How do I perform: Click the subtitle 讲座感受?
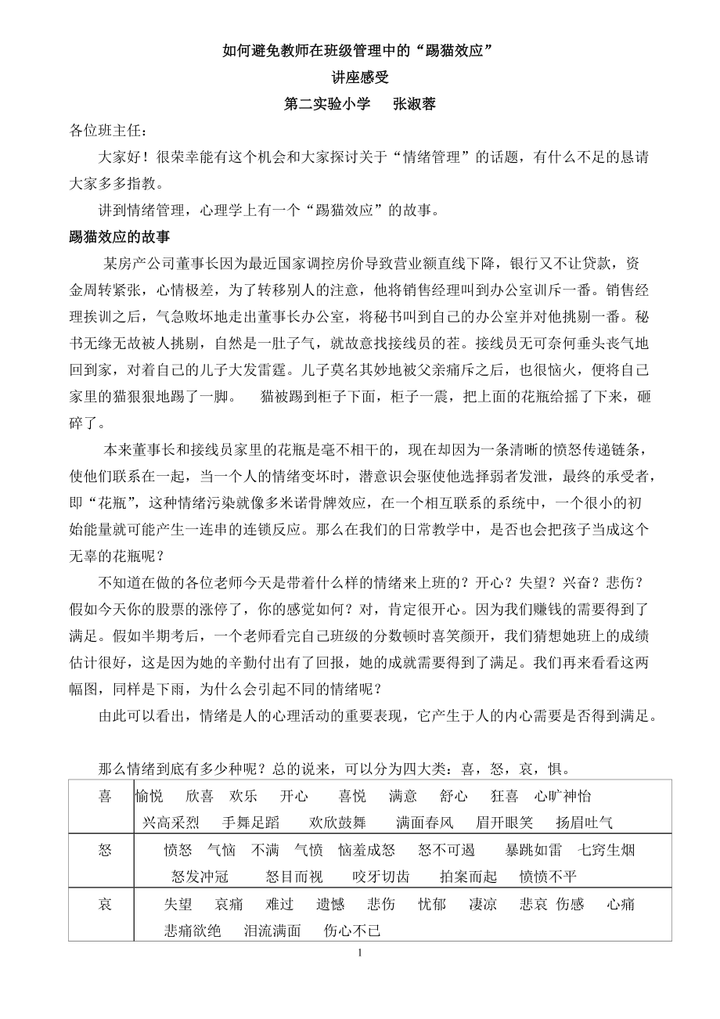(x=360, y=77)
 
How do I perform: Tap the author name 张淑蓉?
(x=412, y=104)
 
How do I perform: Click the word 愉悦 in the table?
(x=149, y=796)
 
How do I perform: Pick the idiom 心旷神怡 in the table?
(x=563, y=796)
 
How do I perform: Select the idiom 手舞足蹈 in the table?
(x=250, y=822)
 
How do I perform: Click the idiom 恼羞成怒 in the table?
(x=367, y=850)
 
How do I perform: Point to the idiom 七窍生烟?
(x=607, y=850)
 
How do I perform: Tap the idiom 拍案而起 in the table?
(x=469, y=877)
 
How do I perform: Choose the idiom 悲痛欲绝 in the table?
(x=193, y=931)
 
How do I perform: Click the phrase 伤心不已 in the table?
(x=352, y=931)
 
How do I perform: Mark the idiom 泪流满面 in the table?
(x=272, y=931)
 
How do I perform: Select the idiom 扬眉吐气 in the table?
(x=585, y=822)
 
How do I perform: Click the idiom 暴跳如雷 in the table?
(x=534, y=850)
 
